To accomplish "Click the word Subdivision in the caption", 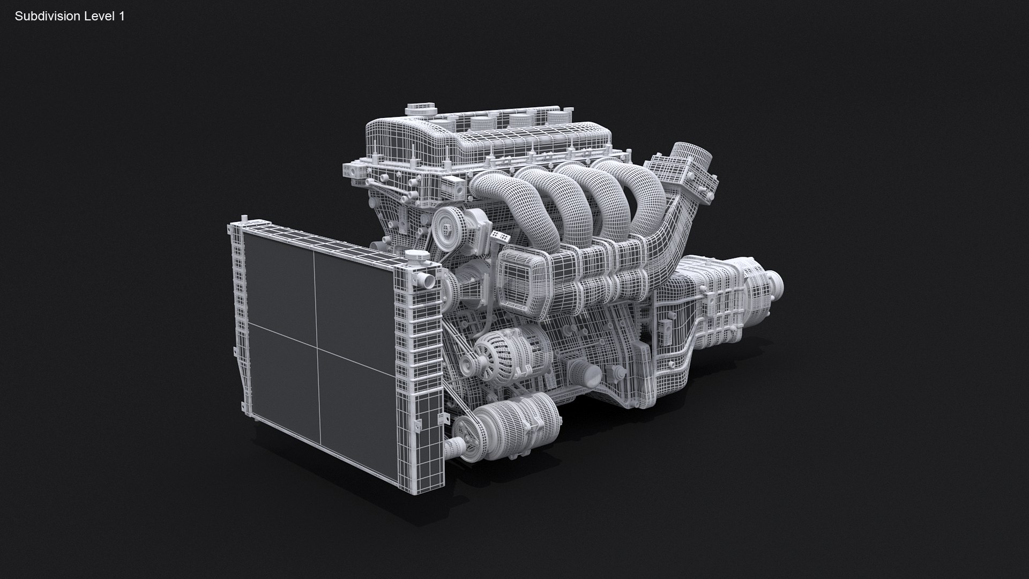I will point(47,17).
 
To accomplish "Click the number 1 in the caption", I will point(122,17).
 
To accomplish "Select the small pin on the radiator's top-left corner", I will point(244,218).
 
